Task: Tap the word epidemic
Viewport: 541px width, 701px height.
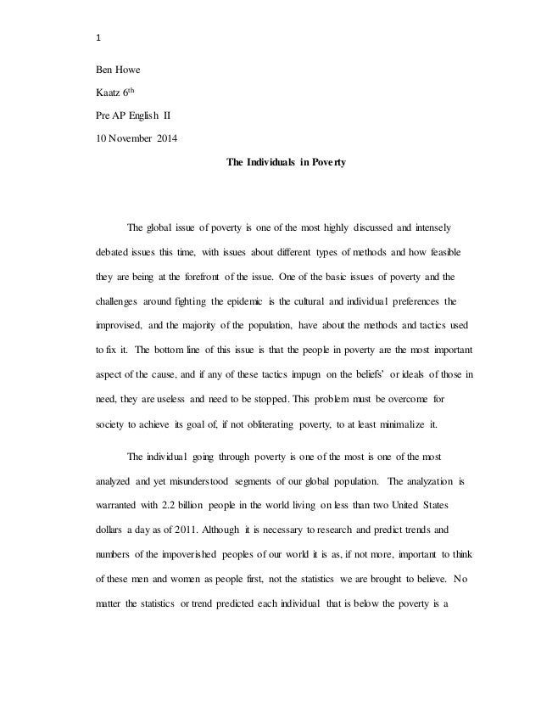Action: (262, 300)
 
